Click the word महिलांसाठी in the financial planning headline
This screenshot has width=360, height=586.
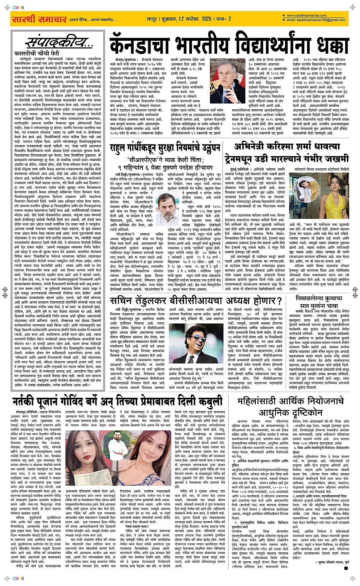pyautogui.click(x=261, y=401)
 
